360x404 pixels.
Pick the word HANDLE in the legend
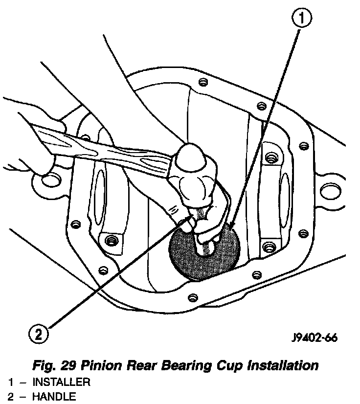coord(54,397)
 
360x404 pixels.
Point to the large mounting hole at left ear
coord(50,182)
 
